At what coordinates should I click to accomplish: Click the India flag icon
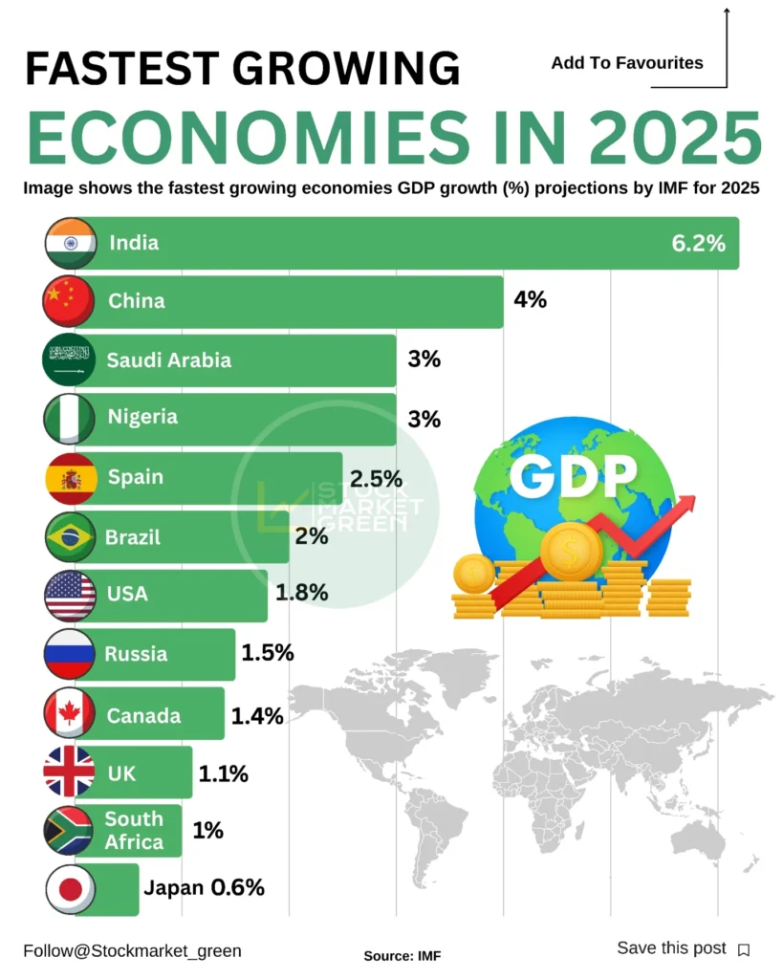70,243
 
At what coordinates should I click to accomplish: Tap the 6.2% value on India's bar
698,243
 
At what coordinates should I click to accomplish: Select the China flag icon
69,301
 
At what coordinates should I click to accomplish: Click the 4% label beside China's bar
530,300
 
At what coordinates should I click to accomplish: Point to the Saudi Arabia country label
168,360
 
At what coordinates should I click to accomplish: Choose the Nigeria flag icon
69,419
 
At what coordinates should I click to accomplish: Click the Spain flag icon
70,478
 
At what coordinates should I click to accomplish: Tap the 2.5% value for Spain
376,478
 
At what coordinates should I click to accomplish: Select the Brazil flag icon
70,537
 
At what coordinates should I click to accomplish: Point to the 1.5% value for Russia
267,654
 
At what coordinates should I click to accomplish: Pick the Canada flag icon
70,713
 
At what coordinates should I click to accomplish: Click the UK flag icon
70,772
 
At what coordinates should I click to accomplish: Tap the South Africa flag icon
69,831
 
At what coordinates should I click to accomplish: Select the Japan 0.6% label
204,887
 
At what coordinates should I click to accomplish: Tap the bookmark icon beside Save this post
744,949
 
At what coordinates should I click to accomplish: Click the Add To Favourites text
626,63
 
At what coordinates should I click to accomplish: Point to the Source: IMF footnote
402,955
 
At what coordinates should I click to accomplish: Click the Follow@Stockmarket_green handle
132,950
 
